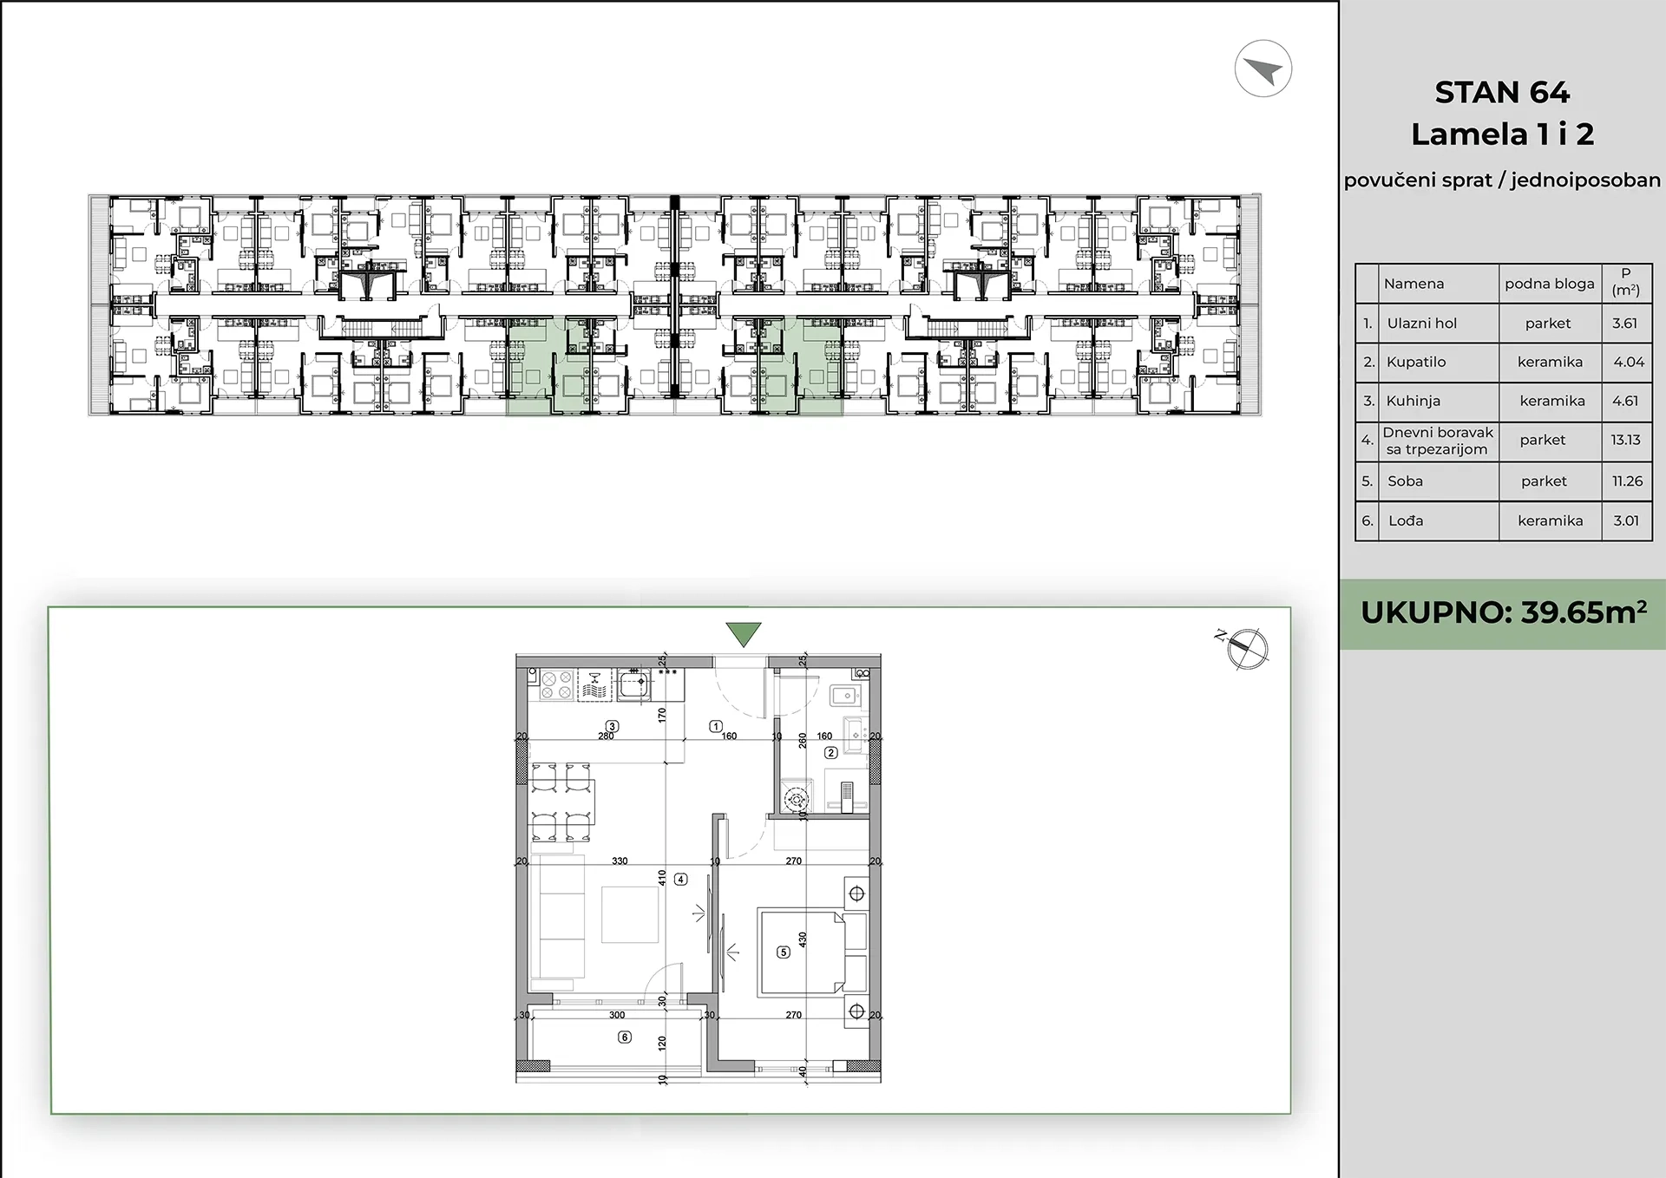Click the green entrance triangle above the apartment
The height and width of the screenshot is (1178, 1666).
click(x=744, y=633)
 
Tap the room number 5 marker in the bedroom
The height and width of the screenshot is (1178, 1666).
click(x=784, y=952)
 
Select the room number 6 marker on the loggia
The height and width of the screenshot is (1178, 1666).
click(x=624, y=1037)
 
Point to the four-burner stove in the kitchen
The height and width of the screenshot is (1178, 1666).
click(x=556, y=684)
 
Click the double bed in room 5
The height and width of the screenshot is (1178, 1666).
click(x=801, y=951)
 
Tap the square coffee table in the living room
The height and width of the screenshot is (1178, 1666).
click(x=630, y=914)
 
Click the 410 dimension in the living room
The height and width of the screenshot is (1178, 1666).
click(x=662, y=877)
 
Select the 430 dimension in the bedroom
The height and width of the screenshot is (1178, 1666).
click(x=803, y=939)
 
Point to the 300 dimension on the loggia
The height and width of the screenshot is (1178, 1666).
click(x=617, y=1015)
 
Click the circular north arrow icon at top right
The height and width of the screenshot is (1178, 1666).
click(x=1263, y=69)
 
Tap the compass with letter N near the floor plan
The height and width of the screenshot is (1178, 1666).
click(x=1246, y=648)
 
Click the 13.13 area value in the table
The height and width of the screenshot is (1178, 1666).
click(x=1626, y=440)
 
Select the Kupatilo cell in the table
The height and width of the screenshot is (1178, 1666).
click(x=1416, y=362)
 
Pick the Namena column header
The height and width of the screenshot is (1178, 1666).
click(x=1413, y=284)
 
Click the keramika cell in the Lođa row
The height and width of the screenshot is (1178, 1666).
click(x=1550, y=520)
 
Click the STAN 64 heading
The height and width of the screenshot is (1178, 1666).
click(x=1502, y=92)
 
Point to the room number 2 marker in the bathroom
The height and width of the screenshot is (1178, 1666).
click(x=830, y=753)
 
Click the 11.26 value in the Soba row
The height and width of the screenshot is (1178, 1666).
click(x=1627, y=481)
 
